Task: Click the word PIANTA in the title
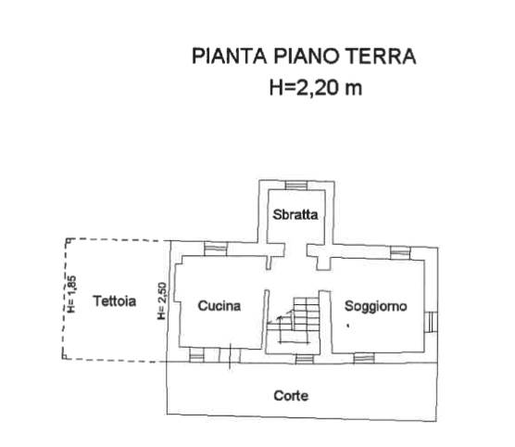[x=230, y=56]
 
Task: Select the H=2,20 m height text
[x=316, y=88]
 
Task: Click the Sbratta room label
[x=295, y=214]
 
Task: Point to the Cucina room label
[x=220, y=306]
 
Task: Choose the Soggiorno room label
[x=376, y=306]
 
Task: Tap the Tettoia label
[x=114, y=301]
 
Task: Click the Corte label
[x=291, y=396]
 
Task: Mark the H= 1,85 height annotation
[x=72, y=294]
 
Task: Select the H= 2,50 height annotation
[x=162, y=300]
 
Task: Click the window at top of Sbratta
[x=296, y=185]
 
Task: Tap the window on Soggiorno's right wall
[x=431, y=322]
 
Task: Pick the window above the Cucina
[x=216, y=249]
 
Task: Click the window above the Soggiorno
[x=400, y=253]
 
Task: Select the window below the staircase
[x=305, y=359]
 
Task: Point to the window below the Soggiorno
[x=364, y=359]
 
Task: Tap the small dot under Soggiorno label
[x=348, y=326]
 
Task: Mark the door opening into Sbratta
[x=295, y=250]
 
